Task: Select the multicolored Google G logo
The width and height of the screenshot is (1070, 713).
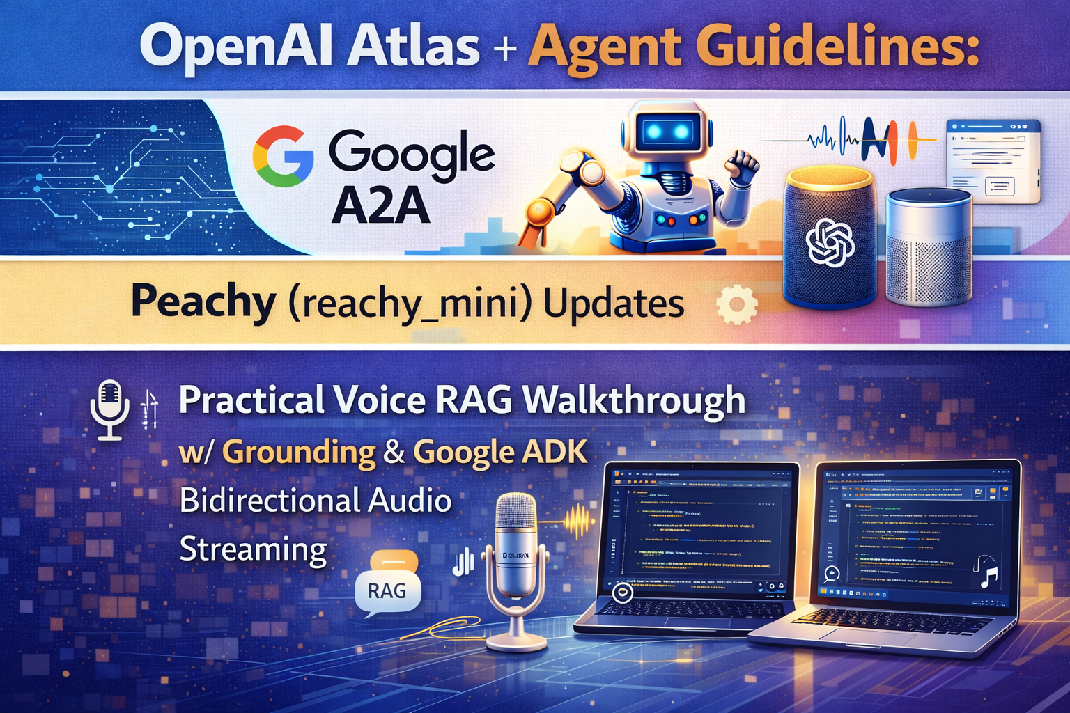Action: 283,156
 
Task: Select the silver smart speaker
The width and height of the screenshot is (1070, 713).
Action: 928,247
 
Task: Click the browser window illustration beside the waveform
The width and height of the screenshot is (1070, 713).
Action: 992,162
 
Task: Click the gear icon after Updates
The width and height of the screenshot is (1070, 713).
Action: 736,304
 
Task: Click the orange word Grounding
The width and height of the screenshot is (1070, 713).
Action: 299,453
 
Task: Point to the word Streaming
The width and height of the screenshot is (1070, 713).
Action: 253,550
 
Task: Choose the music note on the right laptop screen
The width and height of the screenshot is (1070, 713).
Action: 987,572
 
